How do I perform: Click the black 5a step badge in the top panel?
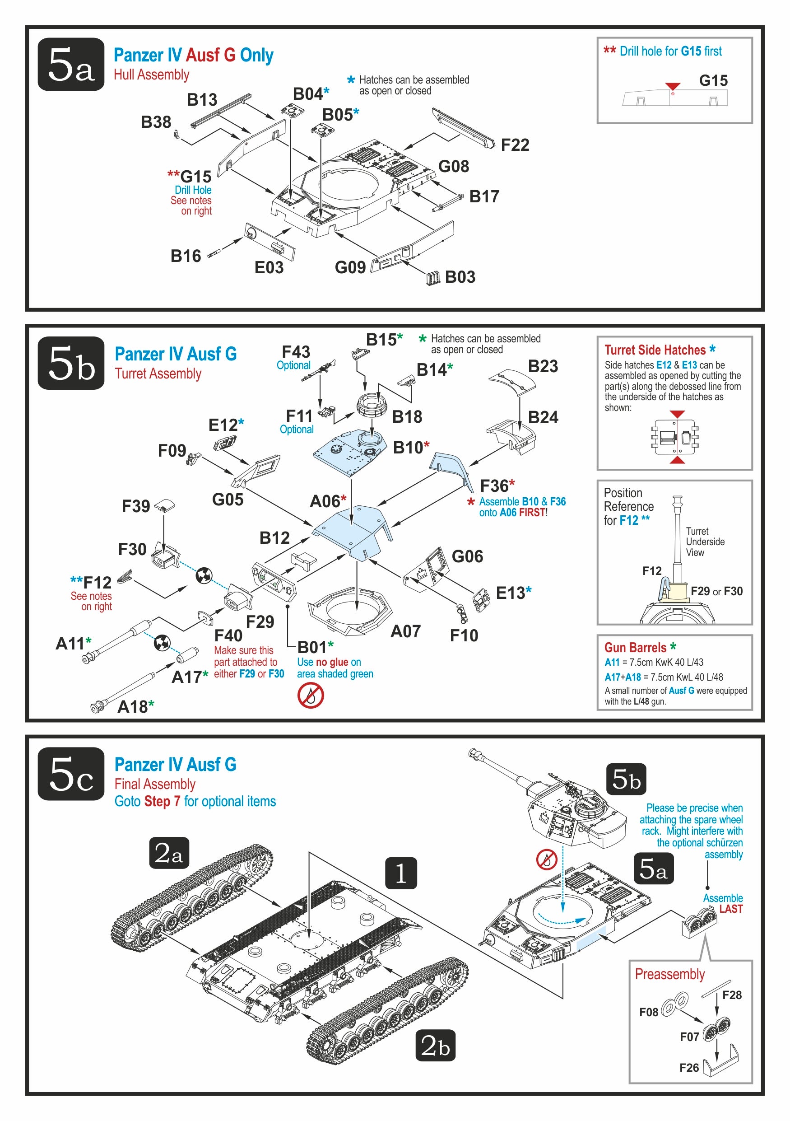[71, 64]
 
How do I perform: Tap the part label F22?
[514, 145]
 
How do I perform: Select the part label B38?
[156, 122]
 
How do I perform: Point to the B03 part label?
[460, 277]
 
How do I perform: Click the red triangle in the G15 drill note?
[672, 86]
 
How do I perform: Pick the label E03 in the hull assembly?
[269, 267]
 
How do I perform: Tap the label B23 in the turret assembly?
[543, 366]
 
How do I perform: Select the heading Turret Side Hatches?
[655, 350]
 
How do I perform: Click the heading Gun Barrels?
[635, 647]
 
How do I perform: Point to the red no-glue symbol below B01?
[310, 695]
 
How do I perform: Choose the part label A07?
[405, 631]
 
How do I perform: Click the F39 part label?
[135, 506]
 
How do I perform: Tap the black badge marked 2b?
[435, 1045]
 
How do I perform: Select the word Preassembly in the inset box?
[669, 974]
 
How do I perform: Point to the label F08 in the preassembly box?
[649, 1012]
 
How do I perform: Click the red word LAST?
[730, 909]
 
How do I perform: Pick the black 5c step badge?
[71, 774]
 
